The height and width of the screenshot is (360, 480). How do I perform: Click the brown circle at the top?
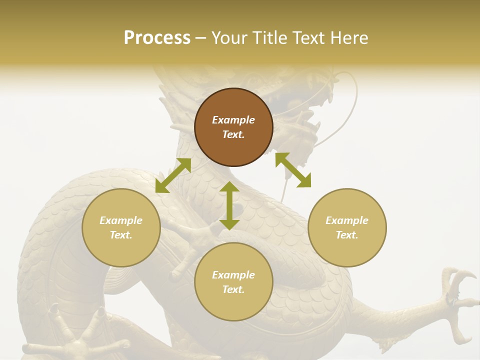coord(233,127)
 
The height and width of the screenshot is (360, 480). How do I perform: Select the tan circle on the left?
coord(121,227)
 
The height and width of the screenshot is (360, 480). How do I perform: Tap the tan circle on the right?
coord(347,227)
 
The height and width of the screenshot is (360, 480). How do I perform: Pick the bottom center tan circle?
coord(233,281)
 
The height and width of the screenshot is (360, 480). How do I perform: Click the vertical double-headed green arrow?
coord(229,206)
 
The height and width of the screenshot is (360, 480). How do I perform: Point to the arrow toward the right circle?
coord(293,170)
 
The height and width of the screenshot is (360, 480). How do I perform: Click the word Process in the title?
coord(157,38)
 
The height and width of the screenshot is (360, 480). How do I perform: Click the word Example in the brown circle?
coord(233,120)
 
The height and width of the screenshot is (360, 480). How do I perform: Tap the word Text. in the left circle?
coord(121,235)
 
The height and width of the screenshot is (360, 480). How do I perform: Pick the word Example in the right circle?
coord(347,220)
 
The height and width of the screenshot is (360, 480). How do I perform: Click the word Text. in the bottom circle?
coord(233,289)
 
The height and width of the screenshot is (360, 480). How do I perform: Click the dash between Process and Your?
coord(201,38)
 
